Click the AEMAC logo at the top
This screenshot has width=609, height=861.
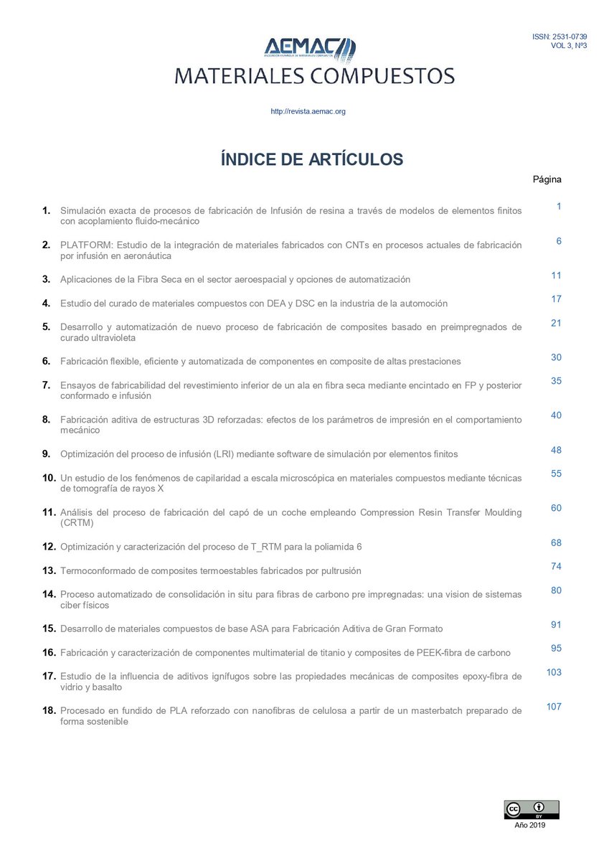coord(309,50)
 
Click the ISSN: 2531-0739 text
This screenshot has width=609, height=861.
coord(560,36)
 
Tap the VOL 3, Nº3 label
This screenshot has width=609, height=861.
coord(569,45)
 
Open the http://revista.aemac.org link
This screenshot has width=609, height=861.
coord(308,111)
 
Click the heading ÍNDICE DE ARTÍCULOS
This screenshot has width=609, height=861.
coord(312,159)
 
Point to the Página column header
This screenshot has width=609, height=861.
coord(547,179)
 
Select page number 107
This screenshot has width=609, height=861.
coord(554,707)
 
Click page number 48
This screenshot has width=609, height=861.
coord(556,451)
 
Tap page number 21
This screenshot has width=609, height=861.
coord(556,323)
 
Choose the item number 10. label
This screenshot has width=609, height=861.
coord(49,478)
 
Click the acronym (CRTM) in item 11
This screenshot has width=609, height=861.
coord(77,523)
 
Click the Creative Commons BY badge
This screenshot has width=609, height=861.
coord(531,809)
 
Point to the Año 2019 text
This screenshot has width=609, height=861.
coord(530,826)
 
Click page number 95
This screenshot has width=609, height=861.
coord(556,649)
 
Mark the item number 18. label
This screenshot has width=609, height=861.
coord(49,710)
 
